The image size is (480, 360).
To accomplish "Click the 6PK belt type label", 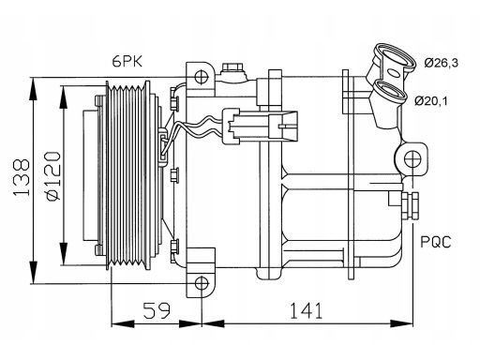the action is (x=127, y=61).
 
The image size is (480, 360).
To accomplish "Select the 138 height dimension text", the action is (x=22, y=177).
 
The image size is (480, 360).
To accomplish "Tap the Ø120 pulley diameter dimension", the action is (x=52, y=176).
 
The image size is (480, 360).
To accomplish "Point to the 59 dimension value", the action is (x=157, y=310).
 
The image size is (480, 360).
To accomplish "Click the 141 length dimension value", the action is (x=307, y=310).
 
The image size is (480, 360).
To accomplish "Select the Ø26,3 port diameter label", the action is (x=442, y=63).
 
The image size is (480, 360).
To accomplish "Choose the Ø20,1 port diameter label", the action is (x=431, y=101).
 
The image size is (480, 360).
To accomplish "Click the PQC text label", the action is (x=436, y=242).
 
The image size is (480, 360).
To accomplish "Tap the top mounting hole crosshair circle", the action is (x=201, y=77).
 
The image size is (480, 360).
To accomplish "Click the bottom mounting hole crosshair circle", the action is (x=202, y=283).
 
